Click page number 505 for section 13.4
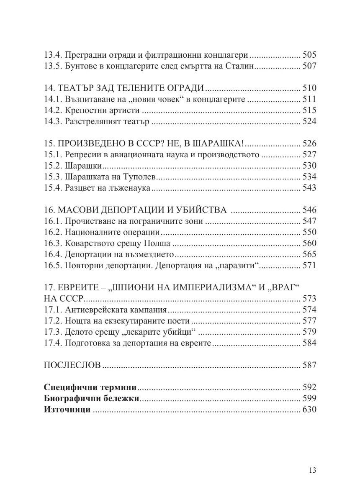click(309, 55)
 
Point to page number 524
click(309, 122)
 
